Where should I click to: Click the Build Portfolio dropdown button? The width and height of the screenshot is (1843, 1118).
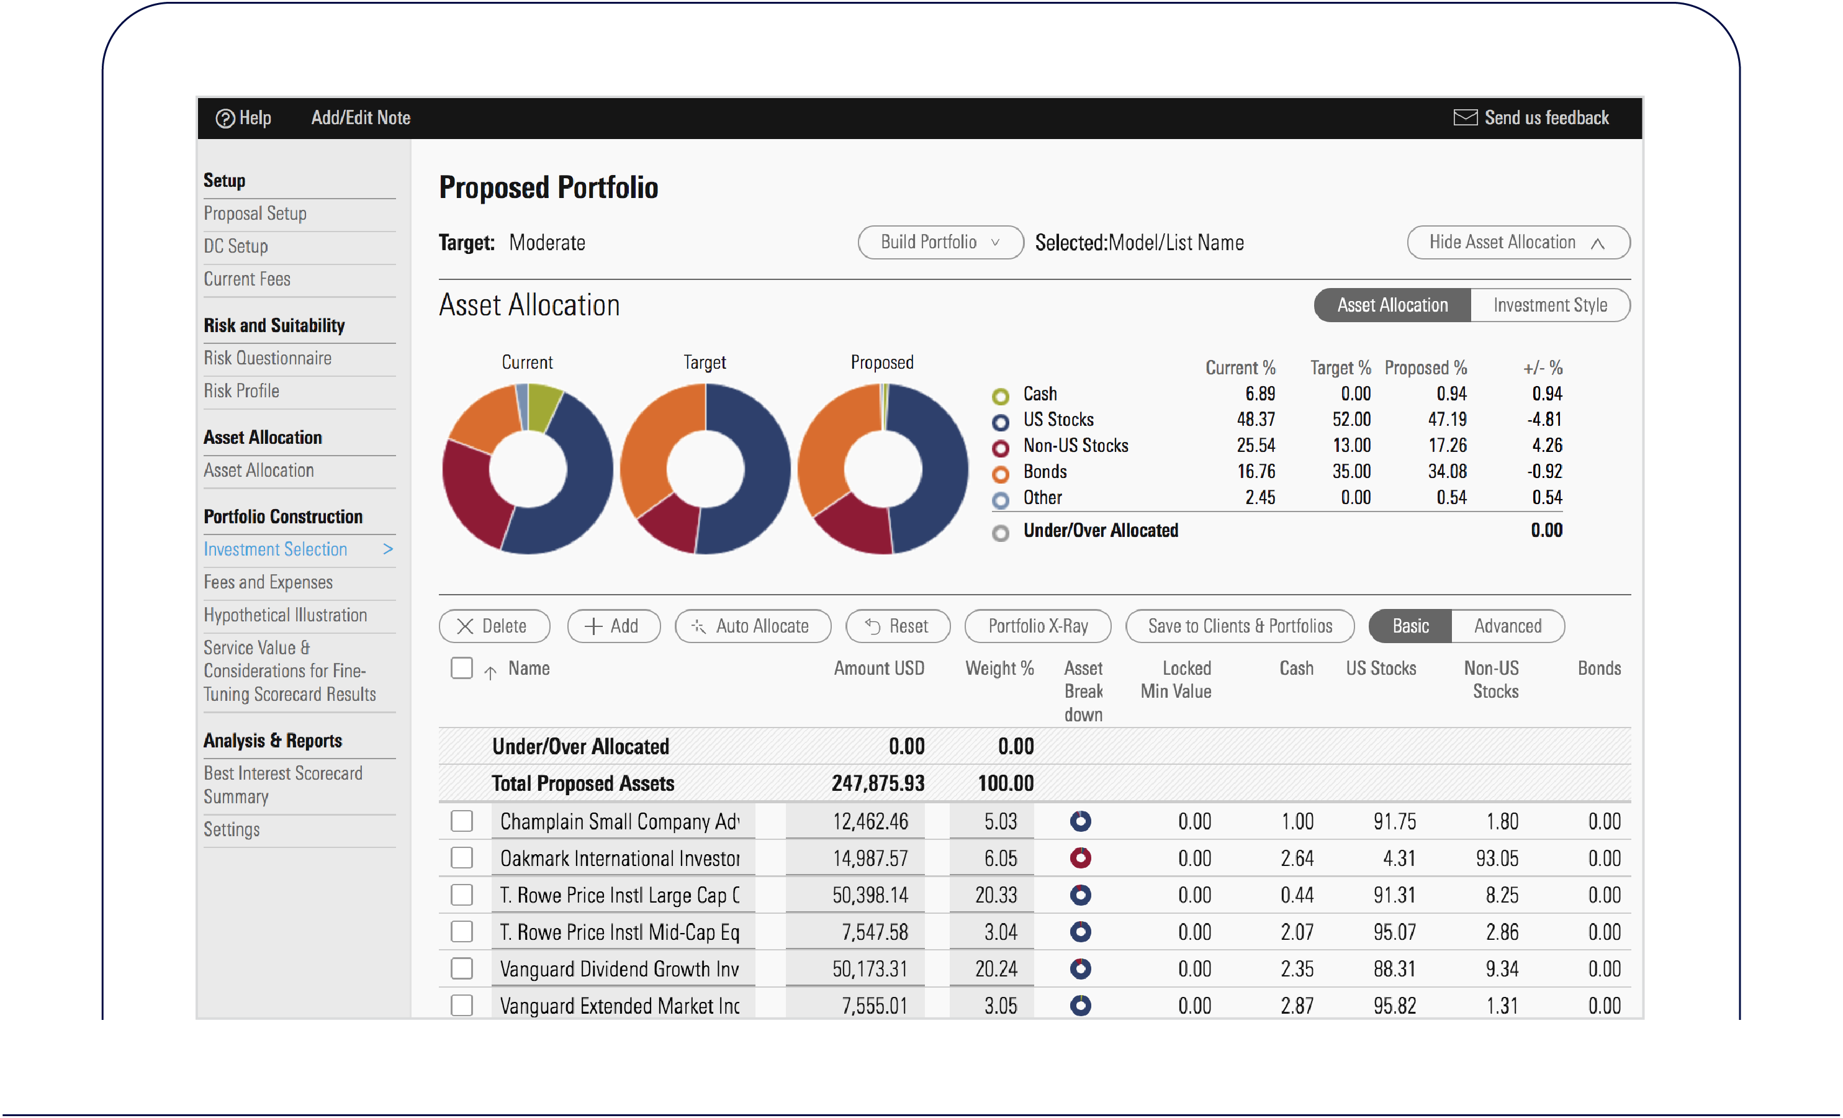pyautogui.click(x=939, y=242)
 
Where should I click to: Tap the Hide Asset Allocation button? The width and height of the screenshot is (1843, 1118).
pyautogui.click(x=1517, y=242)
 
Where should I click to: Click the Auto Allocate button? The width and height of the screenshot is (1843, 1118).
pyautogui.click(x=752, y=626)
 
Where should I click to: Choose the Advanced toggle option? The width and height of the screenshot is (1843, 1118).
pyautogui.click(x=1507, y=626)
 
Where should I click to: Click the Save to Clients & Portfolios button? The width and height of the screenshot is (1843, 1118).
pyautogui.click(x=1240, y=626)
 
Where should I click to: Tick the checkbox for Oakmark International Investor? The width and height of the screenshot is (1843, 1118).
pyautogui.click(x=461, y=858)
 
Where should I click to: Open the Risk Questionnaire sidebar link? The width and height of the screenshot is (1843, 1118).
pyautogui.click(x=267, y=358)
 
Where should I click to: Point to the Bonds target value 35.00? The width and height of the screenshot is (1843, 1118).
pyautogui.click(x=1351, y=471)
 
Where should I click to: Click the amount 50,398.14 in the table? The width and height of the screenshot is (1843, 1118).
pyautogui.click(x=870, y=895)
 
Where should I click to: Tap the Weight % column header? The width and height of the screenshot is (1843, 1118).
pyautogui.click(x=999, y=669)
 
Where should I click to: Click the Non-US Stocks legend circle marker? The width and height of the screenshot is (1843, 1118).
pyautogui.click(x=1000, y=447)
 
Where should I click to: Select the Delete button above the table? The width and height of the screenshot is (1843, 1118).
pyautogui.click(x=493, y=626)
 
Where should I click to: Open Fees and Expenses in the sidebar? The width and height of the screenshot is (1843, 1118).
pyautogui.click(x=268, y=582)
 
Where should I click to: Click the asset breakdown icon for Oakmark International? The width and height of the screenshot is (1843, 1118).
pyautogui.click(x=1080, y=858)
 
